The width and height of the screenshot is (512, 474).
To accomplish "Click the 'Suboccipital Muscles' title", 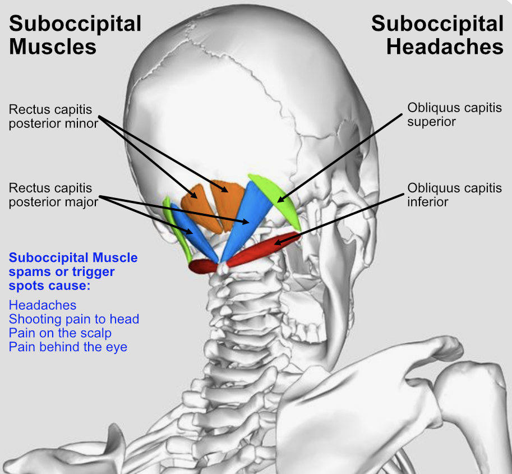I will pos(75,35).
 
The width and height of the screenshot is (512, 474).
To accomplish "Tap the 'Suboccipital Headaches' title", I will pos(437,35).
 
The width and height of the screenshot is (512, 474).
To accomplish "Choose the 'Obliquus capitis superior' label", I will pos(454,114).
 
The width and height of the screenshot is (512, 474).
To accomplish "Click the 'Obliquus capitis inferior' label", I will pos(454,194).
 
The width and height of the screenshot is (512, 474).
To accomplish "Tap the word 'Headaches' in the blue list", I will pos(43,305).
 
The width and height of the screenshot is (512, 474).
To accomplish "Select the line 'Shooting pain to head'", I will pos(74,319).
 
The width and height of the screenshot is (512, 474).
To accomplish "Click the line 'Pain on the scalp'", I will pos(60,333).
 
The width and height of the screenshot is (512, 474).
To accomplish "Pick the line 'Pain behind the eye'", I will pos(68,347).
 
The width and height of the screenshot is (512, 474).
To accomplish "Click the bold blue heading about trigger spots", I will pos(73,271).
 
